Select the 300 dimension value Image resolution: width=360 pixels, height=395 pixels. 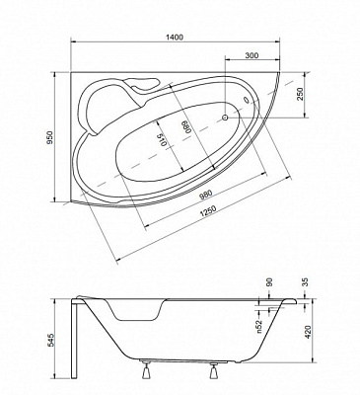[253, 57]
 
